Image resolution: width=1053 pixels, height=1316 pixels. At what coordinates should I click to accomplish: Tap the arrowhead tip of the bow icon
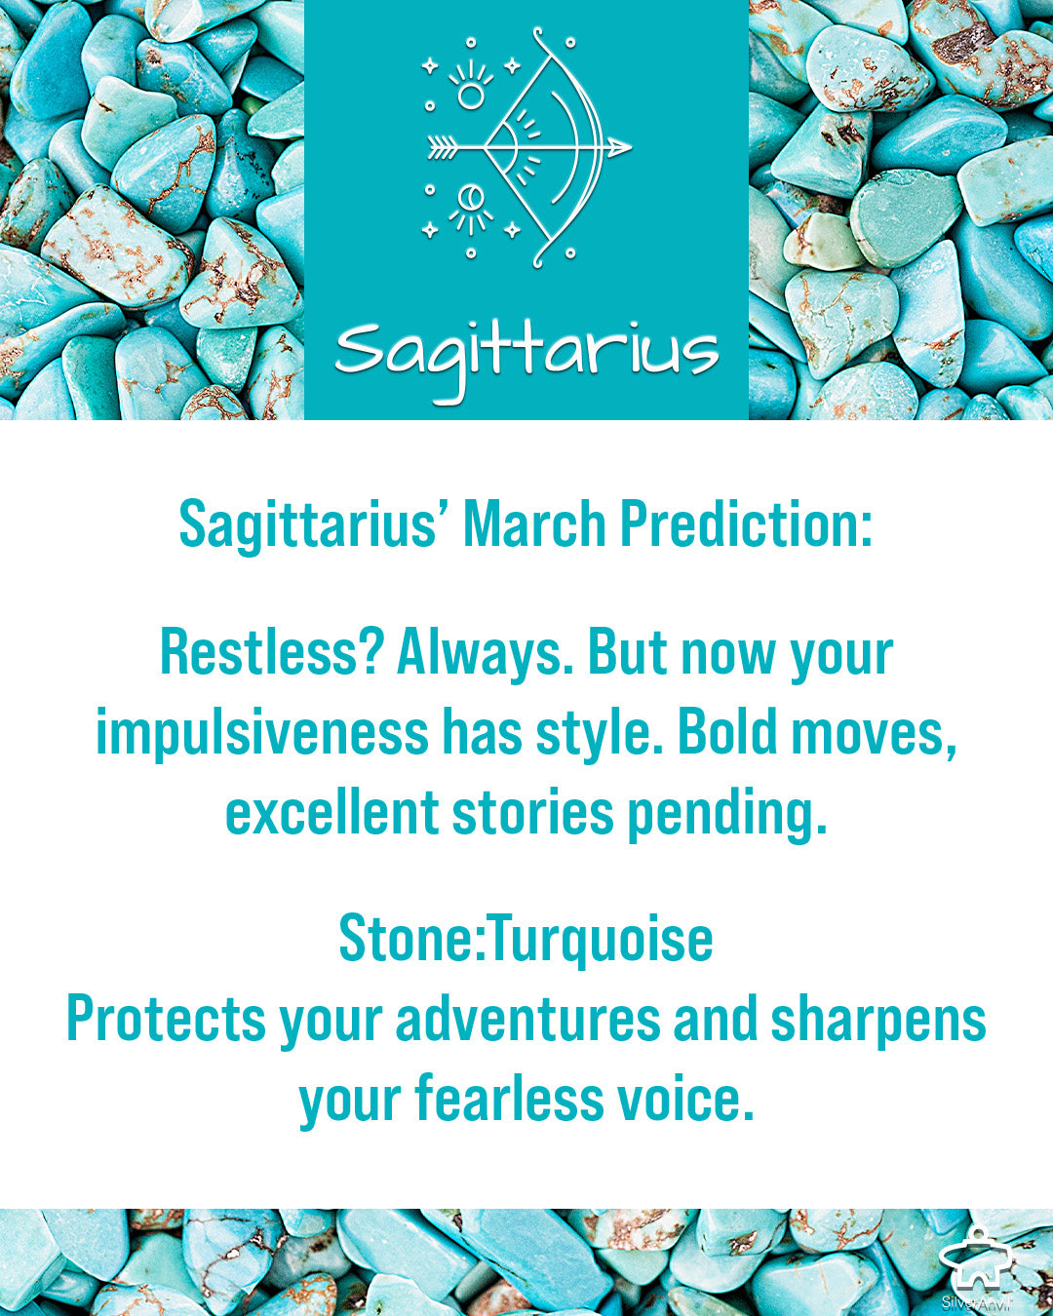(631, 147)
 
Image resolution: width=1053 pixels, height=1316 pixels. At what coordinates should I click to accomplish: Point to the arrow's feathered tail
(442, 147)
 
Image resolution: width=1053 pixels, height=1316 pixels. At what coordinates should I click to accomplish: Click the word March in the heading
(534, 524)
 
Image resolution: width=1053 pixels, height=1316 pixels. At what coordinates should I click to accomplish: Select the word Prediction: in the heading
(747, 524)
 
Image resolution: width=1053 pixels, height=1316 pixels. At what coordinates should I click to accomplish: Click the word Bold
(727, 733)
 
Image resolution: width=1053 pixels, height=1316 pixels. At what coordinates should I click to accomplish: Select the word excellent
(332, 812)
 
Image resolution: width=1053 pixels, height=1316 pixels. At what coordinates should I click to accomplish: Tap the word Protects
(166, 1020)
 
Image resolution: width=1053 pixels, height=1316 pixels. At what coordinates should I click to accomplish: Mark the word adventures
(528, 1020)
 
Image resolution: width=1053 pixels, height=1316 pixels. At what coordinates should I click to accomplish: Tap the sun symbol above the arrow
(471, 96)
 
